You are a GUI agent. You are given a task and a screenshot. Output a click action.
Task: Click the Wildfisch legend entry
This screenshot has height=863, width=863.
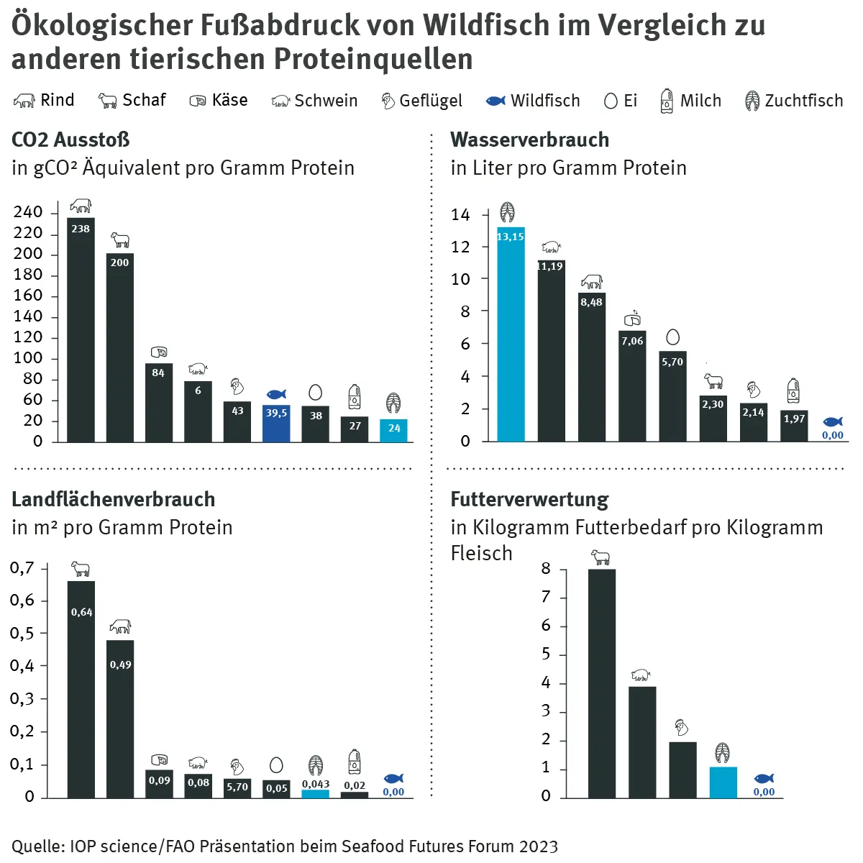[x=533, y=101]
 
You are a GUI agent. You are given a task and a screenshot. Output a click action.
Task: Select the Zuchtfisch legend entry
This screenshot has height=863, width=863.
[x=794, y=101]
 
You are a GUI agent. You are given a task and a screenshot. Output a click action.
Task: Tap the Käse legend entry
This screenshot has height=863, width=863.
[x=219, y=101]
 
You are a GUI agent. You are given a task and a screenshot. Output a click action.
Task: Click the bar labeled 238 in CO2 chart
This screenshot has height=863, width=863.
[x=81, y=331]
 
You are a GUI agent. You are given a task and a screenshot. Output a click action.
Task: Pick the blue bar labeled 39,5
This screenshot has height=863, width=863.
[x=276, y=424]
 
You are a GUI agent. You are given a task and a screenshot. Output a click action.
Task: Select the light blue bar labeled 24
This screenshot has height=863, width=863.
[x=394, y=431]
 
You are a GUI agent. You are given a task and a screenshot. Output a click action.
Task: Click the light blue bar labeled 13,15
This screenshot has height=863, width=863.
[x=511, y=334]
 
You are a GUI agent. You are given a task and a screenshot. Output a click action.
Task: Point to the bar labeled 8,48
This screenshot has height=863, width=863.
[x=592, y=367]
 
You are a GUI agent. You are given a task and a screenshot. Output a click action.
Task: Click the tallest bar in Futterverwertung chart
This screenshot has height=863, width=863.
[x=601, y=683]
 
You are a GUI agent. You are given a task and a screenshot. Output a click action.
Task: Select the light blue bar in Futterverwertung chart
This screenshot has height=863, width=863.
[x=723, y=782]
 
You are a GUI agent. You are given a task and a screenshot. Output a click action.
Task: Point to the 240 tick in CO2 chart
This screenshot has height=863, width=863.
[x=28, y=212]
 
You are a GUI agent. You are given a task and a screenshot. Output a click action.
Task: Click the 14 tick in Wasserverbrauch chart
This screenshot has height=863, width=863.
[x=460, y=214]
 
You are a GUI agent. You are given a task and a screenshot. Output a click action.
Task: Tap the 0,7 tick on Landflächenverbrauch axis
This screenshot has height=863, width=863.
[x=22, y=568]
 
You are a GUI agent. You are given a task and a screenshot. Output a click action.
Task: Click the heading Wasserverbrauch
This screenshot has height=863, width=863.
[x=529, y=140]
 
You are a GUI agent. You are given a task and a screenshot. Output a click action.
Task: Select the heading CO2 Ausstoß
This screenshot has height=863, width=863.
[x=70, y=140]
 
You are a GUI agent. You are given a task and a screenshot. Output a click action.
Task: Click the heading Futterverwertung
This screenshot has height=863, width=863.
[x=529, y=499]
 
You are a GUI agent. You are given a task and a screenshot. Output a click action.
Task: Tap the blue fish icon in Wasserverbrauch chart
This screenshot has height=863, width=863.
[x=833, y=422]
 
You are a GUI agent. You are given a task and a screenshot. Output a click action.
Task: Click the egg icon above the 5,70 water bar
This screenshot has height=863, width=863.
[x=672, y=337]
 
